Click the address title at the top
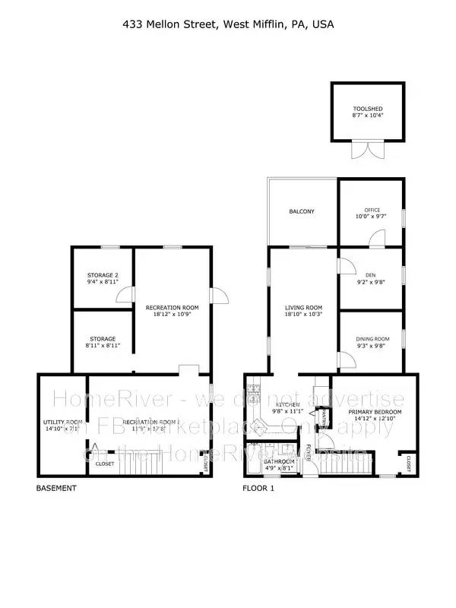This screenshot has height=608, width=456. tap(228, 24)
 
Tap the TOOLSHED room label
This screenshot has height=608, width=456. tap(362, 108)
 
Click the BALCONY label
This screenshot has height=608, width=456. tap(302, 211)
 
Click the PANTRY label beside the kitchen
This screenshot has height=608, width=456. tap(322, 416)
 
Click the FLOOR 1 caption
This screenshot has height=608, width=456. tap(259, 489)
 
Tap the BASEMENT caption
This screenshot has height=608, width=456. tap(56, 489)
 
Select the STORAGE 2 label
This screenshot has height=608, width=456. tap(102, 278)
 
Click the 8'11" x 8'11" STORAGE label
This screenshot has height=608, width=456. tap(102, 342)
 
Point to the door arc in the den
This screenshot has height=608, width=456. tap(344, 266)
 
